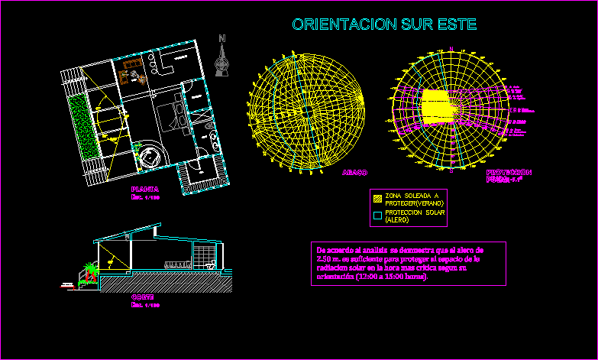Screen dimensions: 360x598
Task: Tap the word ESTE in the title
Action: [457, 25]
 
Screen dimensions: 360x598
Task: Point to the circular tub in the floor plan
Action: [149, 154]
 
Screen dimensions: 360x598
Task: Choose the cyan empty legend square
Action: [377, 215]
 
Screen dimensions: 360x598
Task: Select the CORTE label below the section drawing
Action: [143, 297]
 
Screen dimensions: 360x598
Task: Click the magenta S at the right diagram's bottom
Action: [451, 170]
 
